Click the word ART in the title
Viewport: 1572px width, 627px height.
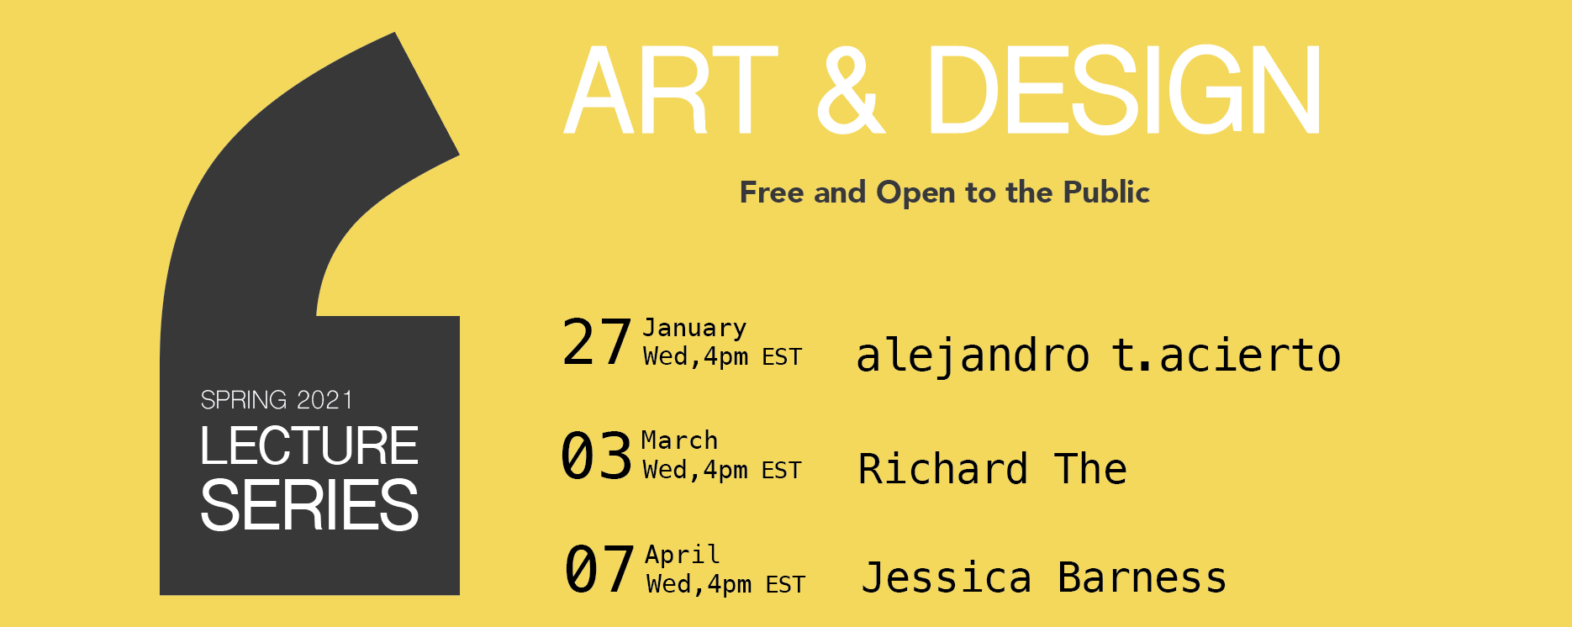point(671,90)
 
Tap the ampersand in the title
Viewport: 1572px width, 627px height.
point(851,90)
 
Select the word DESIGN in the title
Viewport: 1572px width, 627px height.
point(1124,90)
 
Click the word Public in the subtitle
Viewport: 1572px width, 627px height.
point(1105,192)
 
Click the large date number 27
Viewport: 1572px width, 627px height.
point(597,342)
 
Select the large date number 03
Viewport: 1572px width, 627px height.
point(596,456)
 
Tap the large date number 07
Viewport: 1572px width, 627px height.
point(599,569)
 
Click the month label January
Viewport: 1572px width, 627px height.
point(694,328)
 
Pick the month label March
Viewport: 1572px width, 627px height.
point(679,440)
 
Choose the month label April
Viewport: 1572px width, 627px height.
point(683,555)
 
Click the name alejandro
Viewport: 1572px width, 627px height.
point(973,356)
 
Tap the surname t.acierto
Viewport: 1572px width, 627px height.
point(1226,355)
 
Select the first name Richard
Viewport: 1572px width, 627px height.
point(943,468)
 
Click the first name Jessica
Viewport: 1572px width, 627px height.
point(947,578)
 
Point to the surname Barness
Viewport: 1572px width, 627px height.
point(1142,578)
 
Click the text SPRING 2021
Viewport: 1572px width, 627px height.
point(277,400)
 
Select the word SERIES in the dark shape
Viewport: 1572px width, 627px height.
point(309,505)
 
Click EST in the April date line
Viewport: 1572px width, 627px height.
point(785,584)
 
